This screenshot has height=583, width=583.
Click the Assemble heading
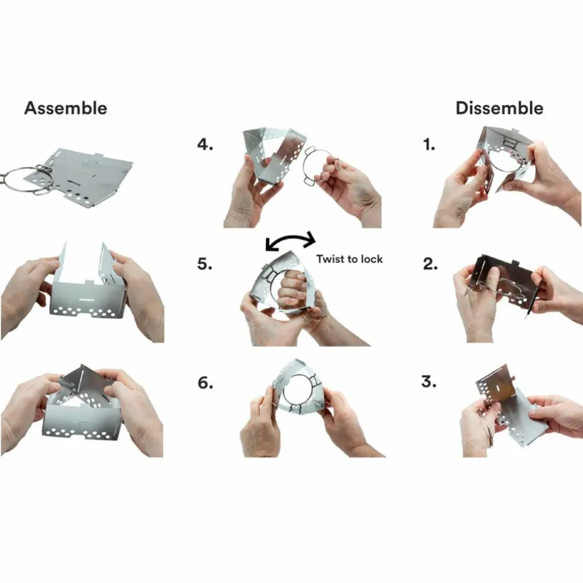pos(65,108)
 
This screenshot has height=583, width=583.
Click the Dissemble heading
pos(499,108)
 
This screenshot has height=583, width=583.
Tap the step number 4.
pos(205,144)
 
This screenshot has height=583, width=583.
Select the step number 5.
pos(205,264)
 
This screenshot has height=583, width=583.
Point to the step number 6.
pos(205,383)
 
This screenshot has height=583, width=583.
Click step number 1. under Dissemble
pos(429,145)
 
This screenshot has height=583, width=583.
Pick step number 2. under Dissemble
pos(430,264)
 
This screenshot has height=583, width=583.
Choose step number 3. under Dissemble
pos(429,382)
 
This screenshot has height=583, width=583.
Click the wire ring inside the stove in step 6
pos(283,395)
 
